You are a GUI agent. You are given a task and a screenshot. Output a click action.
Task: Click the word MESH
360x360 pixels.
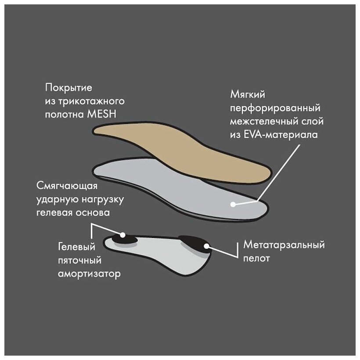pyautogui.click(x=109, y=115)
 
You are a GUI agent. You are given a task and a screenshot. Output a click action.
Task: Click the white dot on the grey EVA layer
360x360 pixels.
pyautogui.click(x=233, y=204)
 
